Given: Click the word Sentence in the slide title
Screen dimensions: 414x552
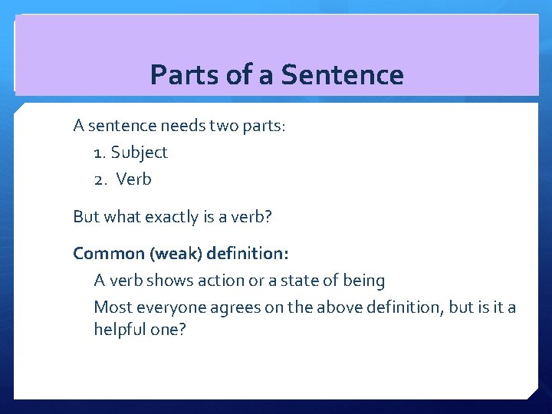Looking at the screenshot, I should point(342,75).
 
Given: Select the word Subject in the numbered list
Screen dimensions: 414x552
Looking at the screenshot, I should point(139,153).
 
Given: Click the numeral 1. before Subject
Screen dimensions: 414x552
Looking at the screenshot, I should point(100,153).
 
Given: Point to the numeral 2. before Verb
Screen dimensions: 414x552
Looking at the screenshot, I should point(100,179).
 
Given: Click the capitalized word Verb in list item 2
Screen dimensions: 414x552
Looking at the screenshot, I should point(134,179).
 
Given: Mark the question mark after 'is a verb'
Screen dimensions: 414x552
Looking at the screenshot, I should point(268,217).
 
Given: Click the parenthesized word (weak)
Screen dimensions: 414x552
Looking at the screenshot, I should point(173,253).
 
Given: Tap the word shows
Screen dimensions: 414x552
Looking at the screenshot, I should point(172,281).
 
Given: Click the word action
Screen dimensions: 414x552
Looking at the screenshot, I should point(223,281).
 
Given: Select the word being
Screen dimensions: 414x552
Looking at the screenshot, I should point(363,281).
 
